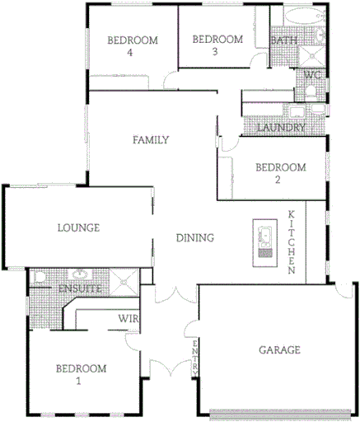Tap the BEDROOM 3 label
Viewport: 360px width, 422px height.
click(x=217, y=46)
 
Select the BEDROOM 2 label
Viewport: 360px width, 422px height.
click(x=280, y=173)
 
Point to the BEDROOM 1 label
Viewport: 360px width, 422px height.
click(x=81, y=374)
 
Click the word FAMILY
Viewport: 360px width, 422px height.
click(x=151, y=140)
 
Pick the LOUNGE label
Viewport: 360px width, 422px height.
click(x=78, y=227)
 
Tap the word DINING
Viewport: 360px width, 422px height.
click(x=195, y=238)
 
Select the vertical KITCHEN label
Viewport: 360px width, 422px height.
click(x=292, y=242)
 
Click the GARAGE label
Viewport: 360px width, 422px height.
click(x=279, y=349)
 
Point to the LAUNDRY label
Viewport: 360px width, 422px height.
click(x=281, y=129)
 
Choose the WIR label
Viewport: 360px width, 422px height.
click(x=127, y=318)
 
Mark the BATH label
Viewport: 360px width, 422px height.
click(x=284, y=40)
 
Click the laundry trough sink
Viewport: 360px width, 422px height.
click(x=294, y=110)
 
